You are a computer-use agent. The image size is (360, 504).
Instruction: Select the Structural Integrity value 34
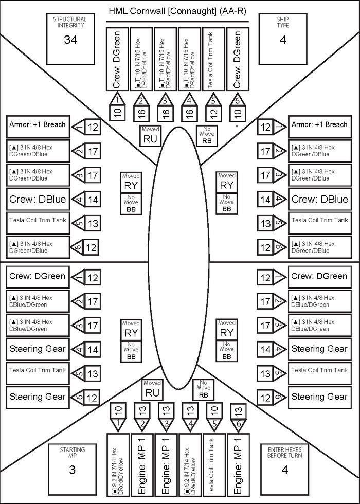(x=70, y=40)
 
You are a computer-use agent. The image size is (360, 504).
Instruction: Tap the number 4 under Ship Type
(x=283, y=40)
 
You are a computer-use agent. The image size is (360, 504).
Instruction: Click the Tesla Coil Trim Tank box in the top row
(x=214, y=59)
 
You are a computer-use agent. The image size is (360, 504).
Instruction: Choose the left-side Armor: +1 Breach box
(x=38, y=125)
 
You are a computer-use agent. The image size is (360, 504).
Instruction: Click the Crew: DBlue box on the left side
(x=38, y=200)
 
